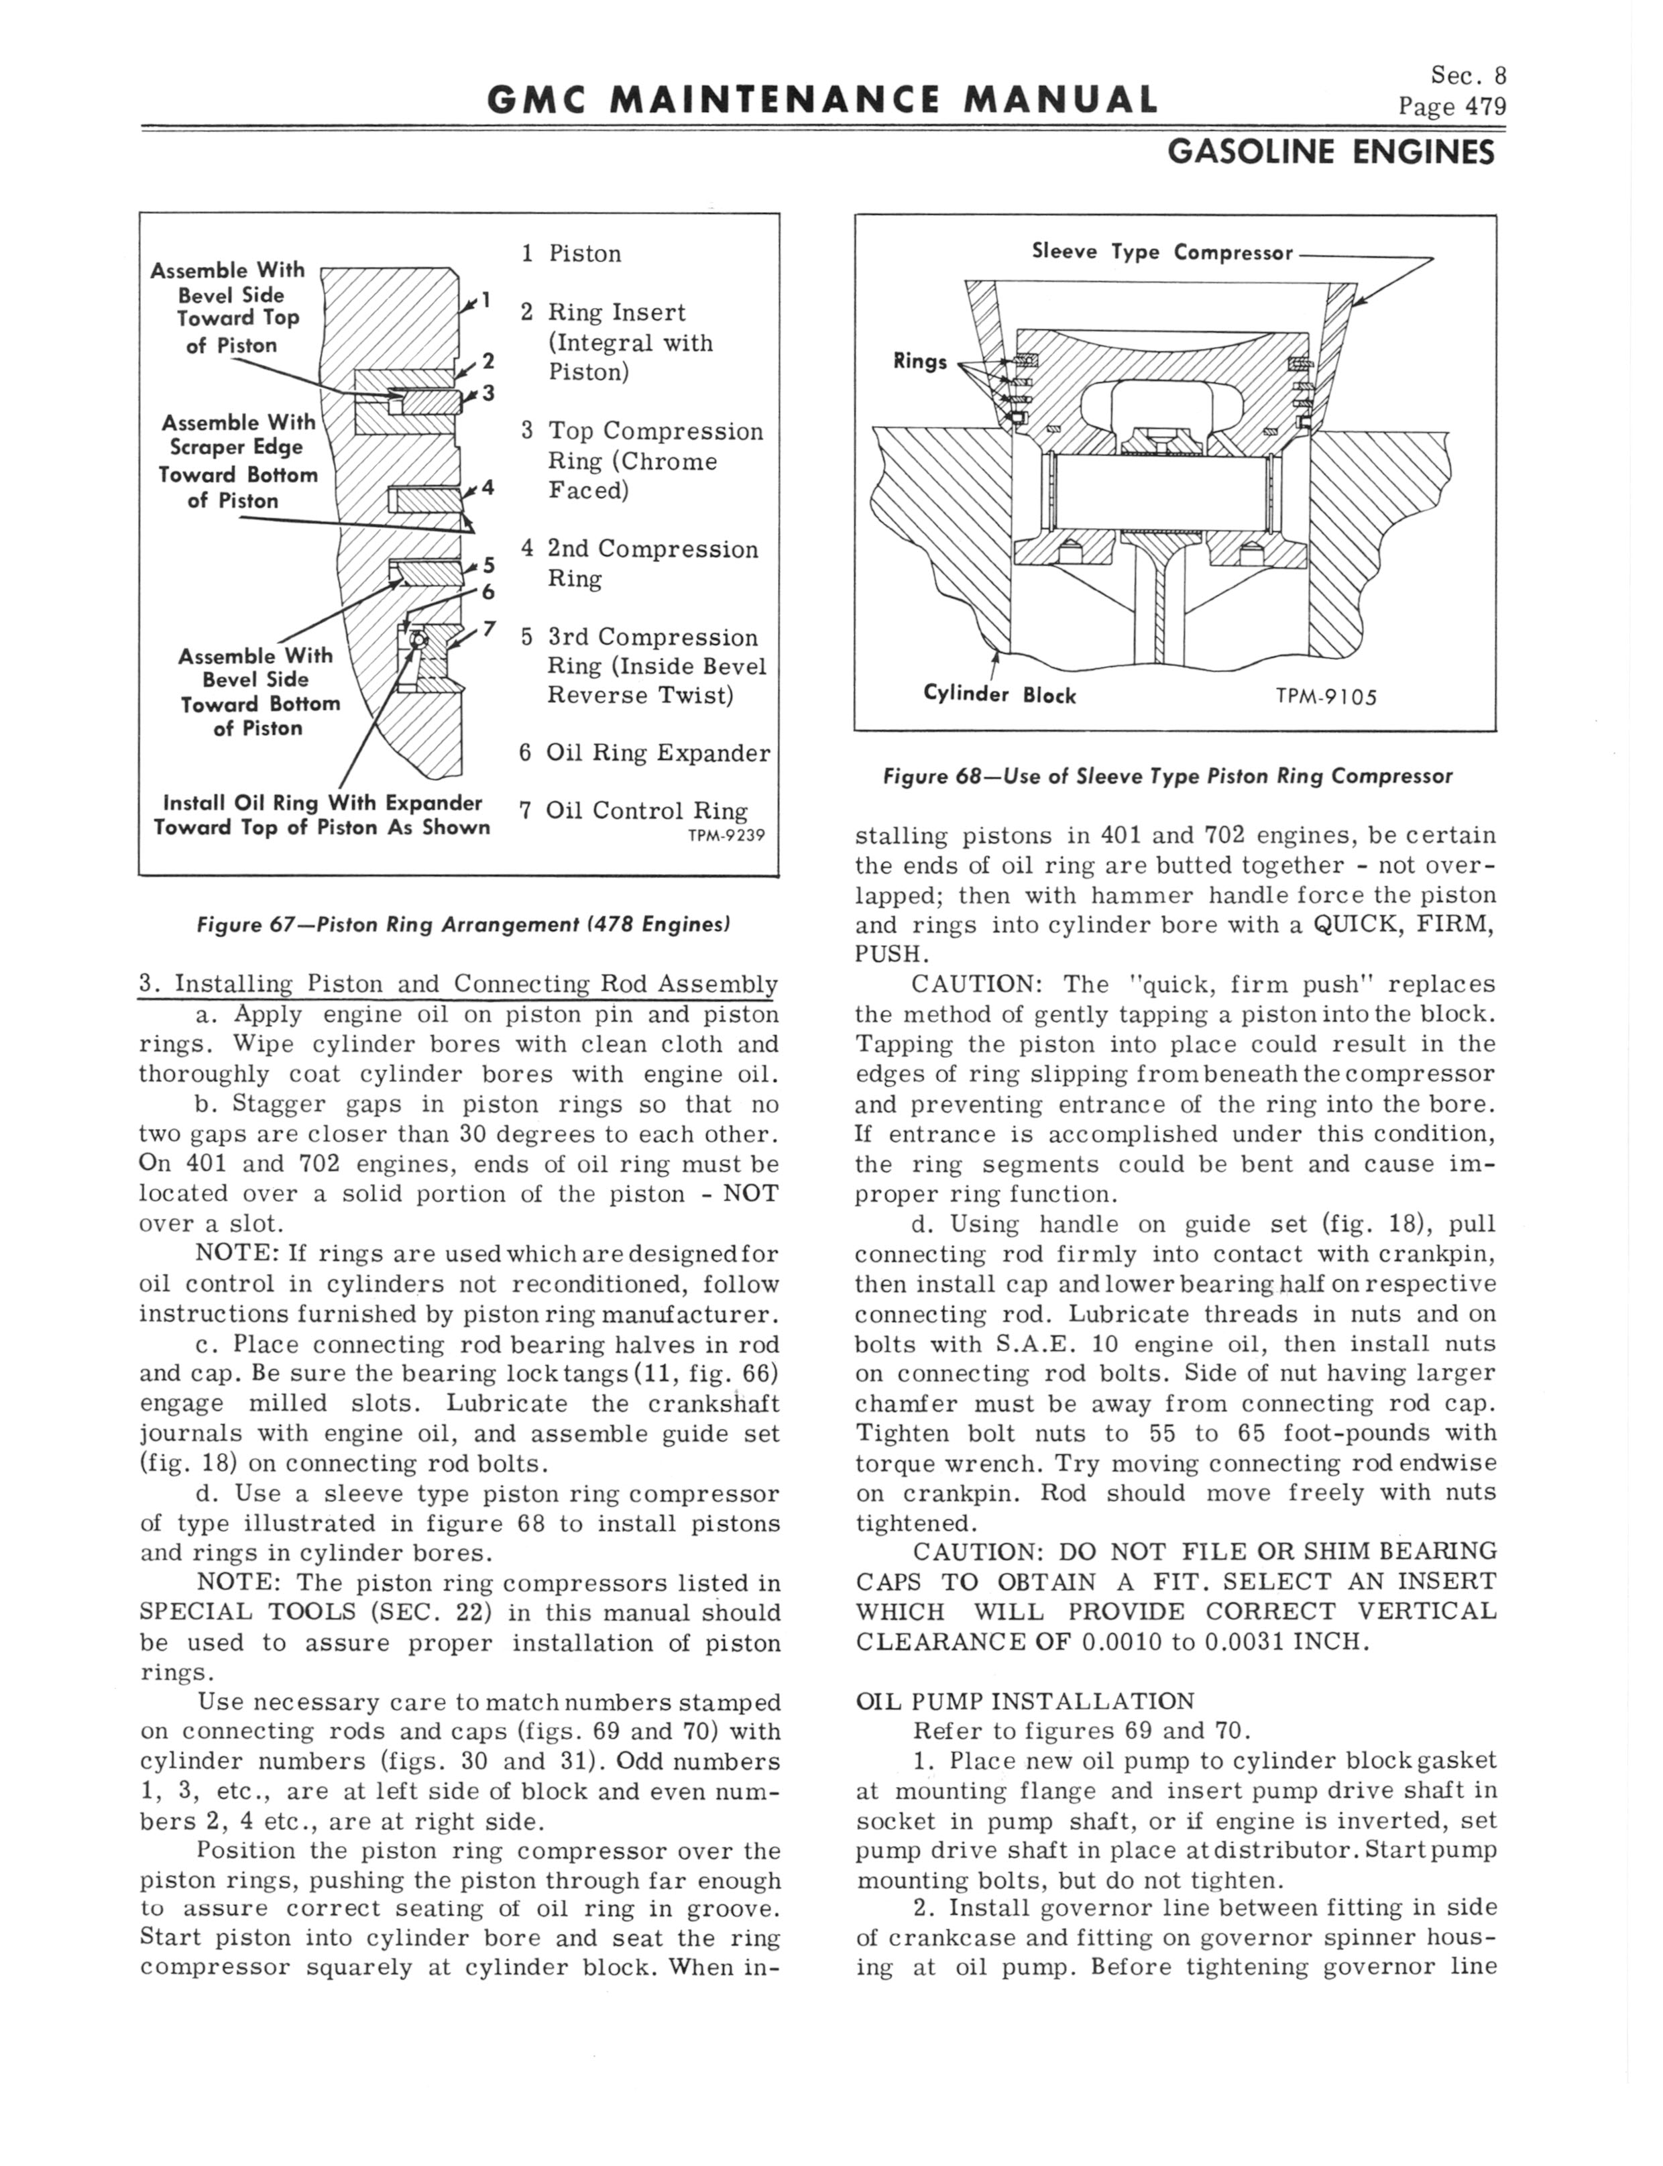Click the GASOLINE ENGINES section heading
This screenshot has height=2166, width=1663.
(1330, 152)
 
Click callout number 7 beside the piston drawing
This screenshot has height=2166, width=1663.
(488, 630)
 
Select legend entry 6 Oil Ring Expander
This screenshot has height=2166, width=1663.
(644, 753)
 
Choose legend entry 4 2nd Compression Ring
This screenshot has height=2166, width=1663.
(640, 563)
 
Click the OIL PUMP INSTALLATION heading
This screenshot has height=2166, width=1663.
(1025, 1700)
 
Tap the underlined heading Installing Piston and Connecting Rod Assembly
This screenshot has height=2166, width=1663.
(458, 984)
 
